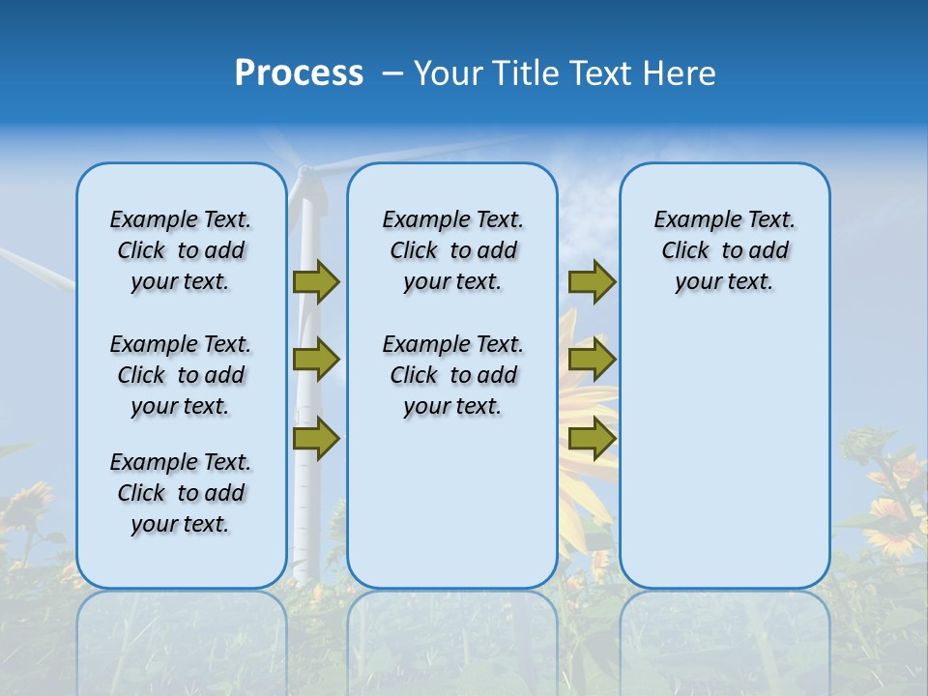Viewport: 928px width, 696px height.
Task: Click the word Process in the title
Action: coord(299,73)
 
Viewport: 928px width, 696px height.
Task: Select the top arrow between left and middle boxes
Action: coord(316,282)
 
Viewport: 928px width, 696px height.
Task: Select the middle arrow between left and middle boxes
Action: coord(316,360)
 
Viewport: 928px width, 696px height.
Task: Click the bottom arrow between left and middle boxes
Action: coord(316,439)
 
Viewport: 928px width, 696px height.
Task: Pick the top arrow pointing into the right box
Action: coord(592,282)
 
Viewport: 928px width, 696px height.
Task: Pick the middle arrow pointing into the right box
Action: coord(592,360)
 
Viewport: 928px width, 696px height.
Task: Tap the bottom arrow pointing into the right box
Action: coord(592,439)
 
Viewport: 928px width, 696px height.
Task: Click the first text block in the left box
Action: coord(181,250)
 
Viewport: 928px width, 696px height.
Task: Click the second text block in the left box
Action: coord(181,375)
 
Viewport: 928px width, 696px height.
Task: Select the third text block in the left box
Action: coord(181,493)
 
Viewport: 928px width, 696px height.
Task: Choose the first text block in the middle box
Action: coord(452,250)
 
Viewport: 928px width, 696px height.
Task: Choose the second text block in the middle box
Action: coord(452,375)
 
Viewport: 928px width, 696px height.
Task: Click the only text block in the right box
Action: coord(725,250)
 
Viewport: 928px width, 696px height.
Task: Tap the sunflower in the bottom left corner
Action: coord(24,507)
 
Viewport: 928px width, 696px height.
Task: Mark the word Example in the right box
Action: coord(689,220)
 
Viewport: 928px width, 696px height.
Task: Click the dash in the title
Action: coord(392,73)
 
